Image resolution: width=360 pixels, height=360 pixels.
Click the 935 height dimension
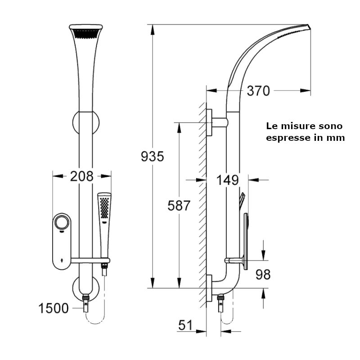coord(153,157)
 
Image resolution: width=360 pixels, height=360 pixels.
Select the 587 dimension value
coord(179,205)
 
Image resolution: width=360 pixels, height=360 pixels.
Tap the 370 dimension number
coord(258,91)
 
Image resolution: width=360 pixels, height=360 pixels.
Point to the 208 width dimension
coord(81,176)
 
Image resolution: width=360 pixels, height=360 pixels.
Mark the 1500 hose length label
coord(53,308)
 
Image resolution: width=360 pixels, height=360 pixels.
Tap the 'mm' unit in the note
coord(337,138)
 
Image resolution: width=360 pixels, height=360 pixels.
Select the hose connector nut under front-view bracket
coord(85,298)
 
